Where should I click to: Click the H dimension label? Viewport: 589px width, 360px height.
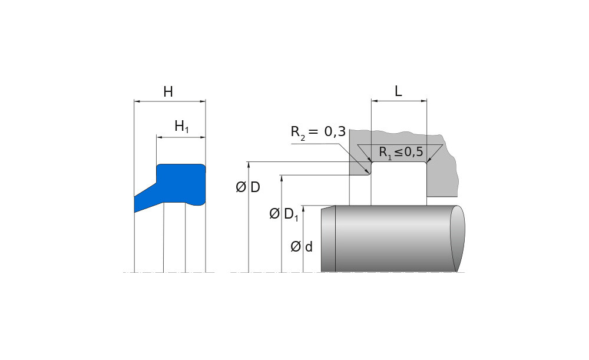168,92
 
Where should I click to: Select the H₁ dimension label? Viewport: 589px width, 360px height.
181,126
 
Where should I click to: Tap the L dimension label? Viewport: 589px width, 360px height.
398,91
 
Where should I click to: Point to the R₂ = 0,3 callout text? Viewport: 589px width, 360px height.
318,132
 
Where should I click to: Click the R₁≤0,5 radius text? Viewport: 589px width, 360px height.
401,152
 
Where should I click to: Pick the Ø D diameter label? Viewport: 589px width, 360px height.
248,188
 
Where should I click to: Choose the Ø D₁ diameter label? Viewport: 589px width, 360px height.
284,214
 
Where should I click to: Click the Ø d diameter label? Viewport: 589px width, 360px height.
302,246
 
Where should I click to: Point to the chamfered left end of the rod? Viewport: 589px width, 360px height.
328,239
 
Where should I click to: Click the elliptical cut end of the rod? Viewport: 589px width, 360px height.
458,238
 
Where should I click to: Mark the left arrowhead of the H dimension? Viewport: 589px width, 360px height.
137,101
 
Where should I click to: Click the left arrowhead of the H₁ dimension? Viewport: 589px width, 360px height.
159,137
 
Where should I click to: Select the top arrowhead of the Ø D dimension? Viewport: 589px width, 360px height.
249,164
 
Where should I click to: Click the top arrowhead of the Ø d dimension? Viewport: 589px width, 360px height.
303,208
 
